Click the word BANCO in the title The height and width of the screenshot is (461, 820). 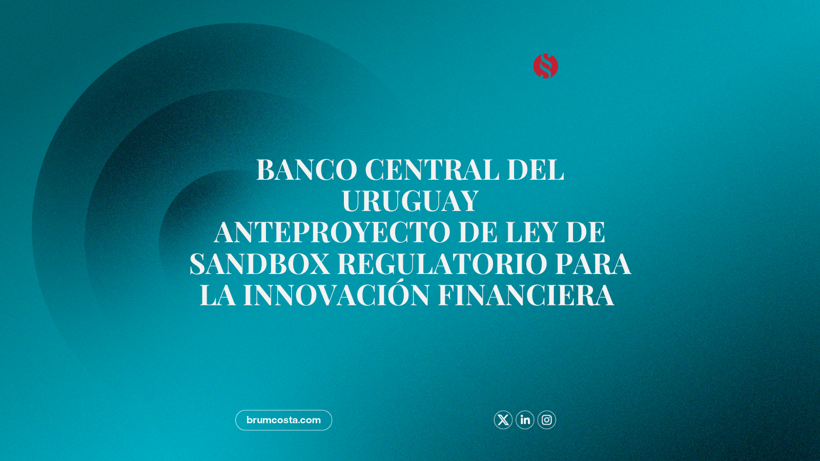click(x=307, y=170)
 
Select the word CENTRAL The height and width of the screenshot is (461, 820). click(x=433, y=170)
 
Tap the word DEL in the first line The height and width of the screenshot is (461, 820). click(x=536, y=170)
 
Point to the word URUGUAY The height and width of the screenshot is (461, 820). click(x=410, y=201)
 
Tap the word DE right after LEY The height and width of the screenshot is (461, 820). click(x=586, y=233)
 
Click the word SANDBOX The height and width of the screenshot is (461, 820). click(x=260, y=264)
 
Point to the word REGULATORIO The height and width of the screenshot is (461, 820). click(x=442, y=264)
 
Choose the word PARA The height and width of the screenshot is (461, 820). click(x=593, y=264)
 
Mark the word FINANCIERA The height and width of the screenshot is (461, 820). click(x=526, y=295)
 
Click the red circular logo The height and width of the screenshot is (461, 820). click(x=545, y=66)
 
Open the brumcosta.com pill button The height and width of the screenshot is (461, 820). click(x=284, y=420)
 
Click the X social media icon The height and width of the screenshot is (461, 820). click(x=503, y=420)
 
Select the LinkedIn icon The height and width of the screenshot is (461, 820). click(x=525, y=420)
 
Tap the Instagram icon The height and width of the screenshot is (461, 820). click(x=547, y=420)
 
